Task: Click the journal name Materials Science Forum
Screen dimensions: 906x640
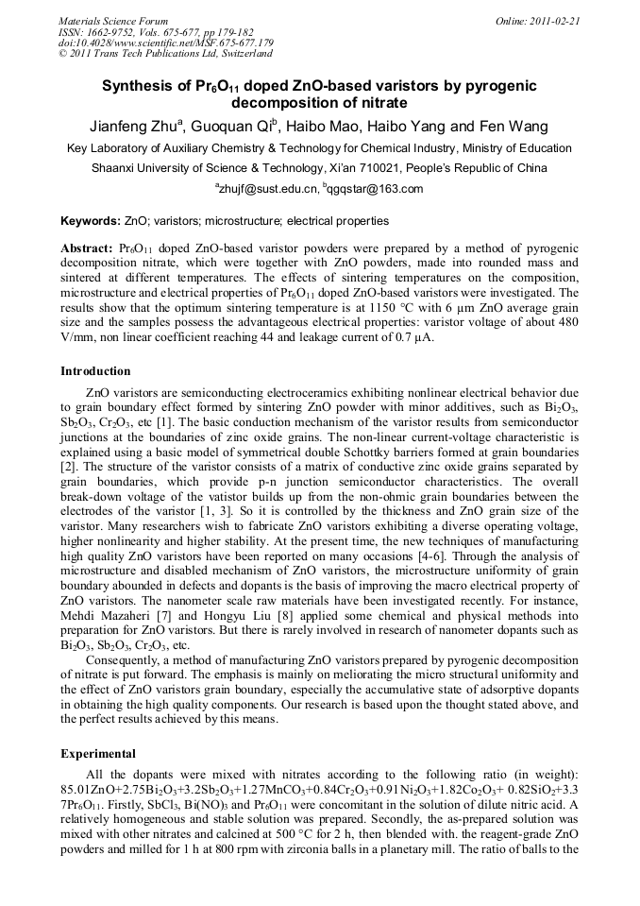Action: click(113, 20)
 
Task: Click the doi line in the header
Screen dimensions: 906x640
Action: click(166, 43)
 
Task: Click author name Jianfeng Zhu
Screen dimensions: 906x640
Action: click(141, 127)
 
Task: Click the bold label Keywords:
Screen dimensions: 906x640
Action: click(91, 221)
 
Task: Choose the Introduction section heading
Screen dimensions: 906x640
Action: click(95, 371)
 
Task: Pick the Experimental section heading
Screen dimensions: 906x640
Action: click(98, 755)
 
